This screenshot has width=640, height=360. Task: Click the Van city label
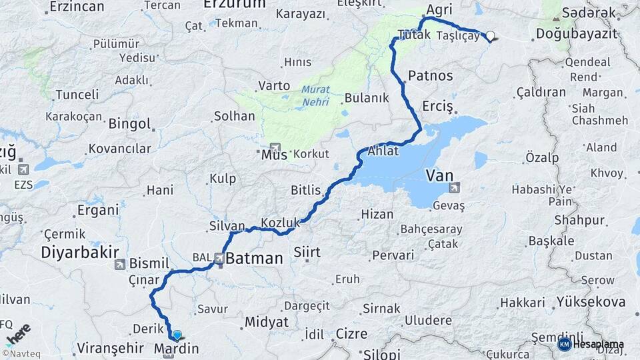[x=439, y=176]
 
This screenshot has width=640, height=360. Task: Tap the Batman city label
[x=255, y=258]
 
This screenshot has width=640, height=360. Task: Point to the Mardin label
[x=177, y=349]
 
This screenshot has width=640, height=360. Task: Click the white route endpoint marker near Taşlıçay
[x=491, y=36]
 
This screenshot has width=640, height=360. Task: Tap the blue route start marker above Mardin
[x=177, y=335]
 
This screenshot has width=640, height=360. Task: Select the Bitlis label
[x=306, y=190]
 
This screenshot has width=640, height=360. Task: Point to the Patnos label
[x=430, y=75]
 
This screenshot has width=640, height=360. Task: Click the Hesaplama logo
[x=591, y=344]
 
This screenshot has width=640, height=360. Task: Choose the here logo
[x=17, y=332]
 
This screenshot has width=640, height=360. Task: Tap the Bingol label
[x=129, y=124]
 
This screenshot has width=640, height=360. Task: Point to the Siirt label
[x=307, y=252]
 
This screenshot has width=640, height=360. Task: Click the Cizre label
[x=351, y=331]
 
